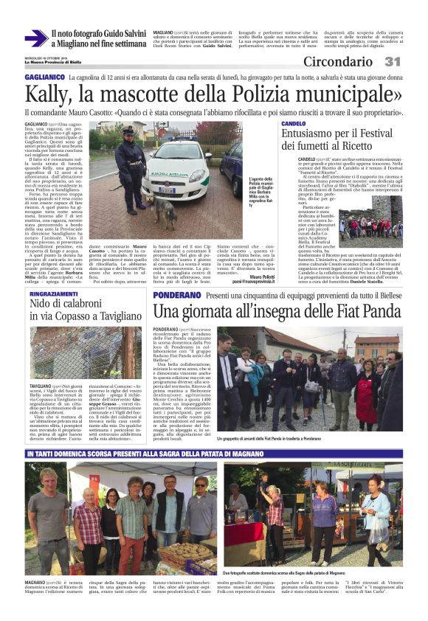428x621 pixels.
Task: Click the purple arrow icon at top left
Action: pyautogui.click(x=35, y=38)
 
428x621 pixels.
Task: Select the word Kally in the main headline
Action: pyautogui.click(x=46, y=94)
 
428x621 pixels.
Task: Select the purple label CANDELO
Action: pyautogui.click(x=294, y=123)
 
